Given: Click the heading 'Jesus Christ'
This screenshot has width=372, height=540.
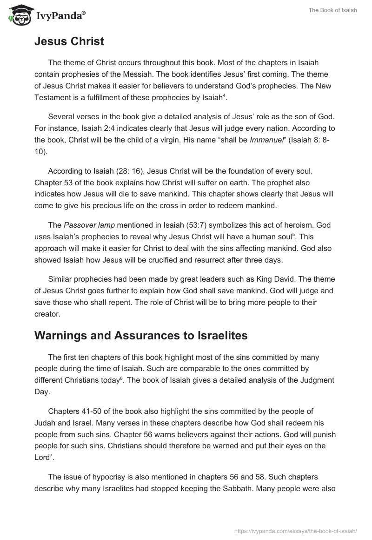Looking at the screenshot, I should (x=69, y=41).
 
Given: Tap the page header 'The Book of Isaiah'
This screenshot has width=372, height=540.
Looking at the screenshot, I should (x=332, y=11).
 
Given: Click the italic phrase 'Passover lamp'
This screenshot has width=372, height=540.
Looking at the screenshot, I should (x=85, y=225).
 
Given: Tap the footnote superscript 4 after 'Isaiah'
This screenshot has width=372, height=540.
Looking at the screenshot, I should (x=224, y=95).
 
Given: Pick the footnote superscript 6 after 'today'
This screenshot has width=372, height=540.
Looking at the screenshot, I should (x=122, y=378).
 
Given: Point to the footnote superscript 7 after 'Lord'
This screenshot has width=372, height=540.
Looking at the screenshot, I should (x=53, y=455).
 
